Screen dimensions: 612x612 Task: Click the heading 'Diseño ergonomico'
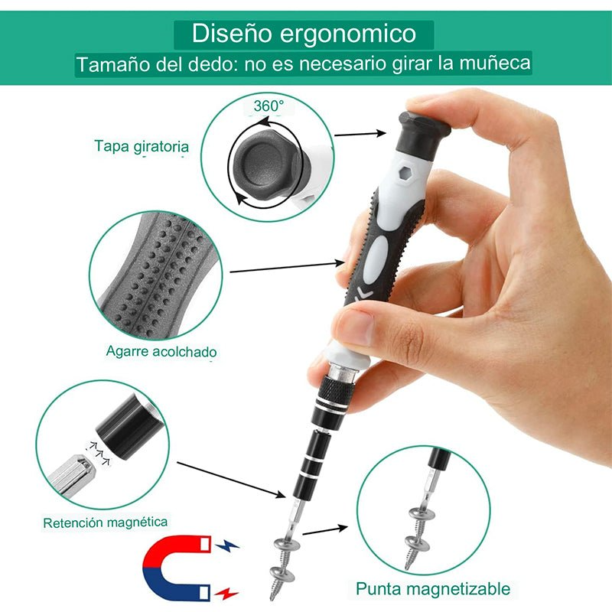304,34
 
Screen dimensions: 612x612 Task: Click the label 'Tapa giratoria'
142,145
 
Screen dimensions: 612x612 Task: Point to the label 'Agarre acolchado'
161,352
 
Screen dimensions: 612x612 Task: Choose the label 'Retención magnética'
106,522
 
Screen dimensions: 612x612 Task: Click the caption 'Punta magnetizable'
432,589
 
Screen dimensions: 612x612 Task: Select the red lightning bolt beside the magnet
226,593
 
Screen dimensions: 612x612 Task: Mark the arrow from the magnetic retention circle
229,480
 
